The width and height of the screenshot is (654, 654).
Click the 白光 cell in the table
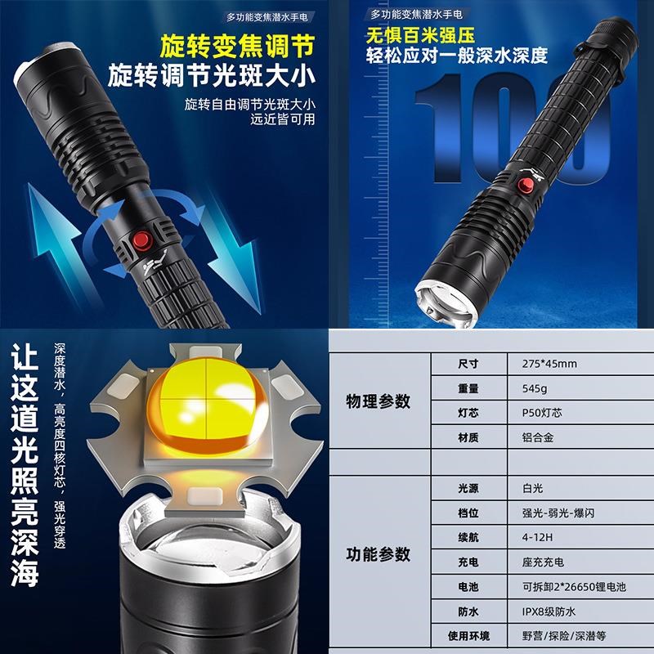point(532,488)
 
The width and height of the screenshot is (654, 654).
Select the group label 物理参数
point(378,401)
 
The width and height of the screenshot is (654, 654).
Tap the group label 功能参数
point(378,554)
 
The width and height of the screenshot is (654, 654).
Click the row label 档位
point(468,513)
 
